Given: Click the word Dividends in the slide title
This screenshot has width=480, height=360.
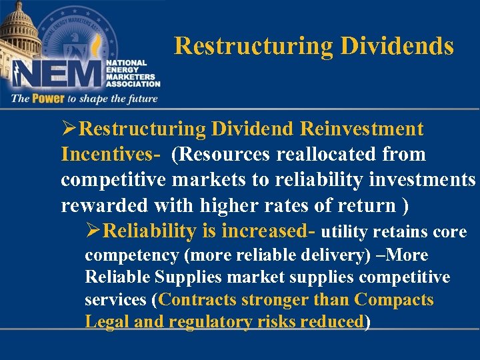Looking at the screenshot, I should pos(397,46).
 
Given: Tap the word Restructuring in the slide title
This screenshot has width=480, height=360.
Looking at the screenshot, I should pos(254,46).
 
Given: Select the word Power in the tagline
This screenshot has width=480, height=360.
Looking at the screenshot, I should pos(46,99).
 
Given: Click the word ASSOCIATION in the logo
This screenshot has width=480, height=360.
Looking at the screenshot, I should pos(133,84).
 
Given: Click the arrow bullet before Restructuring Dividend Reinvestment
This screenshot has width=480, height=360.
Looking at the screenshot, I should pos(68,128).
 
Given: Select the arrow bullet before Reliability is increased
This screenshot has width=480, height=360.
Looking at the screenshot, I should pos(93,231).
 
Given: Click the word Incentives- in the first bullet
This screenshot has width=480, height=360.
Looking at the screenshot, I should pos(111,154).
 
